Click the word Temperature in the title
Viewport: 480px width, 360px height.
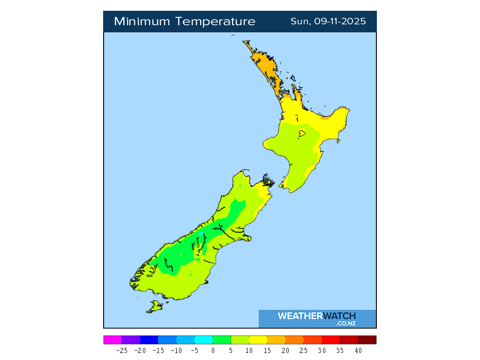coord(216,22)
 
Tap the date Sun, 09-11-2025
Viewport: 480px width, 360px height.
coord(328,22)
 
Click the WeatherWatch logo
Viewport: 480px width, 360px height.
coord(317,316)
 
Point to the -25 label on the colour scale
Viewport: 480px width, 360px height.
coord(122,350)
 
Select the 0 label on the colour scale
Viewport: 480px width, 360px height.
coord(213,350)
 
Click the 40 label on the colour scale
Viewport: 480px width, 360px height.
coord(358,350)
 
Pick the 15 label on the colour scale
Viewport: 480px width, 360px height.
coord(267,350)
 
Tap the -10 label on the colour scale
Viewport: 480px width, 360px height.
coord(176,350)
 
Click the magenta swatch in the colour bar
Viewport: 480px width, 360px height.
coord(112,340)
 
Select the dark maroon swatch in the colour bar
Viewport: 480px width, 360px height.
coord(367,340)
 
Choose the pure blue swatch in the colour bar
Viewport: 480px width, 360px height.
coord(149,340)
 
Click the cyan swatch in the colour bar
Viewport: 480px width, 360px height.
coord(203,340)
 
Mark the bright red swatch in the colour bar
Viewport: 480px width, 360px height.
coord(331,340)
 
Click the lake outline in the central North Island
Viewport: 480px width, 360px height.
coord(302,134)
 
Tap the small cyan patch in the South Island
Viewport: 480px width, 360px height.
coord(201,233)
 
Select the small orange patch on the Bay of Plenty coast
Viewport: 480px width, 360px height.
coord(324,118)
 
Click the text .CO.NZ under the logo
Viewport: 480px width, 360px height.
coord(345,323)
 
